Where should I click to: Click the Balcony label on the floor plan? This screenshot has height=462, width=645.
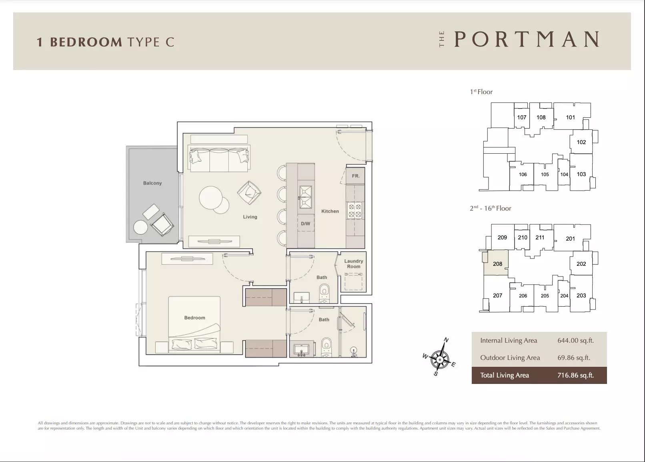152,183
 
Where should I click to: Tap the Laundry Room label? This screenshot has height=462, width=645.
354,263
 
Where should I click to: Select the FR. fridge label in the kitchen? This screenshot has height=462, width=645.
356,176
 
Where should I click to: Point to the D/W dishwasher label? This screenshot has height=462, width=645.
306,223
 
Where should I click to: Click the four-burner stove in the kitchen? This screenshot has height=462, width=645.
355,211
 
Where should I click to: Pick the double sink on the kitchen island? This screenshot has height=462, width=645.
306,197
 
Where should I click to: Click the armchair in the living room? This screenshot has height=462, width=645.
249,193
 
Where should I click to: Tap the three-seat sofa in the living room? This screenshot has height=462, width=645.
219,159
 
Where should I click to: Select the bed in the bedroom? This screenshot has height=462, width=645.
194,325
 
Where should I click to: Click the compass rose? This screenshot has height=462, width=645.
440,359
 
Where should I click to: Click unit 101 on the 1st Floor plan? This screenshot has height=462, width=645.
571,117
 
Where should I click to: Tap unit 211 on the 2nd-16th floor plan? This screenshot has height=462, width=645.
540,237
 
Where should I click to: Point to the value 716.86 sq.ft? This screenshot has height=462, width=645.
576,375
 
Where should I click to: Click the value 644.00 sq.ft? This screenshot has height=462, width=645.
576,340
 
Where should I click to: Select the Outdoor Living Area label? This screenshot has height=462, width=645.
510,358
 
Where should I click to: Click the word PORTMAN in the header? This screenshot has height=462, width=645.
527,39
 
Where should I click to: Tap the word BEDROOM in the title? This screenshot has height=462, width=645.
86,42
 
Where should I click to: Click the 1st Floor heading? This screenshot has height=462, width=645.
481,92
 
